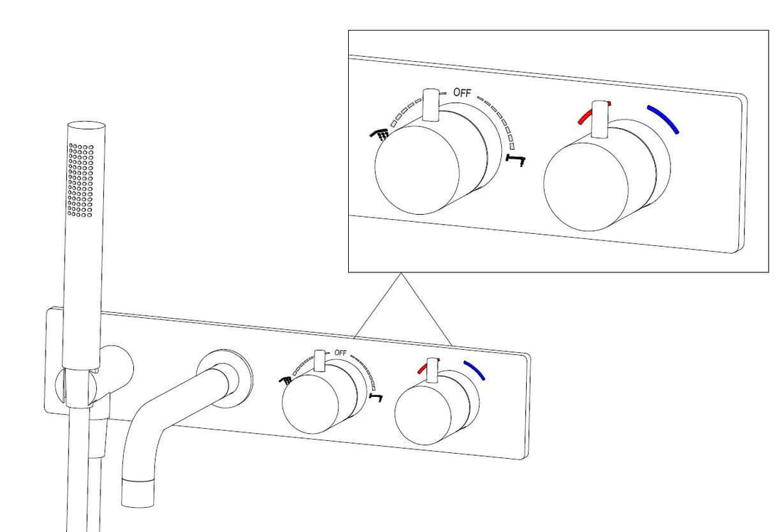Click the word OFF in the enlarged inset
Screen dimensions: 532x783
click(x=462, y=92)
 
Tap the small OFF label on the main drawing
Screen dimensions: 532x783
click(x=340, y=353)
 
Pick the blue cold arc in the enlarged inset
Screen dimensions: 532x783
click(x=663, y=119)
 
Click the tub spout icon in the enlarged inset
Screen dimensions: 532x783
click(x=515, y=159)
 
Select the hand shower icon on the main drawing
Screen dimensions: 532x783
click(x=286, y=379)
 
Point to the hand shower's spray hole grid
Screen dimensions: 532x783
click(x=81, y=180)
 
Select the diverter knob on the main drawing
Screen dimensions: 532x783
click(x=313, y=405)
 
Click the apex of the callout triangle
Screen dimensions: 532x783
click(x=401, y=275)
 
